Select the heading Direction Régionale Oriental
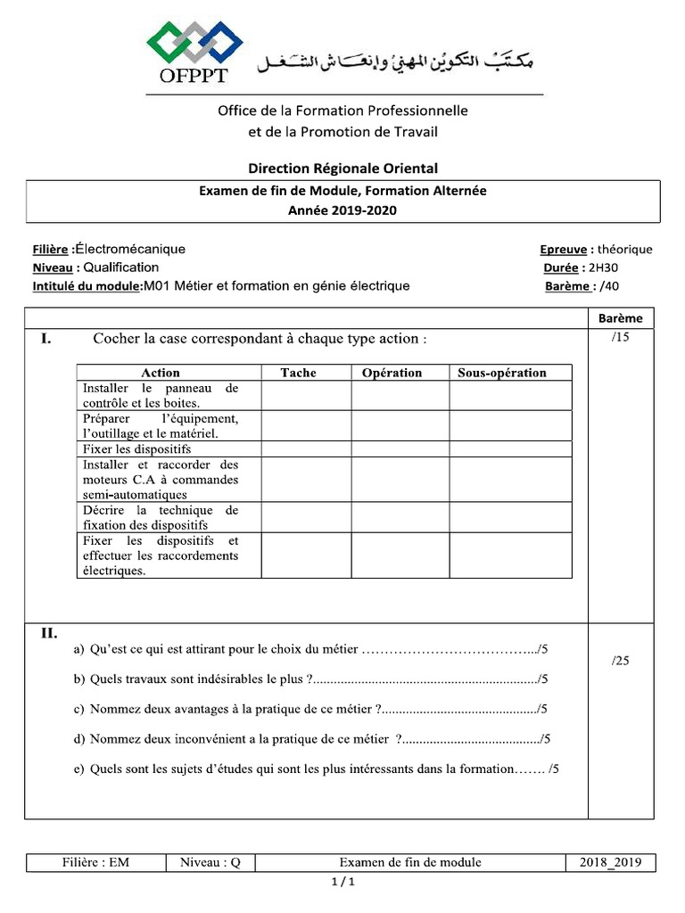tap(342, 168)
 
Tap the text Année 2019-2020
tap(342, 210)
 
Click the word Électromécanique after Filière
tap(129, 250)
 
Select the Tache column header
tap(298, 373)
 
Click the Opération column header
tap(392, 373)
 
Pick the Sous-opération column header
tap(502, 373)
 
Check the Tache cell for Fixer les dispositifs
tap(305, 449)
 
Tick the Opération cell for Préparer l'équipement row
tap(400, 425)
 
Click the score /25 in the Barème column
tap(622, 661)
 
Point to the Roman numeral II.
tap(48, 634)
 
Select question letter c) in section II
tap(79, 709)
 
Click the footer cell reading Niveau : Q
tap(210, 862)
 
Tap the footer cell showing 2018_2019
tap(610, 862)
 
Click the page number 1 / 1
tap(342, 883)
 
